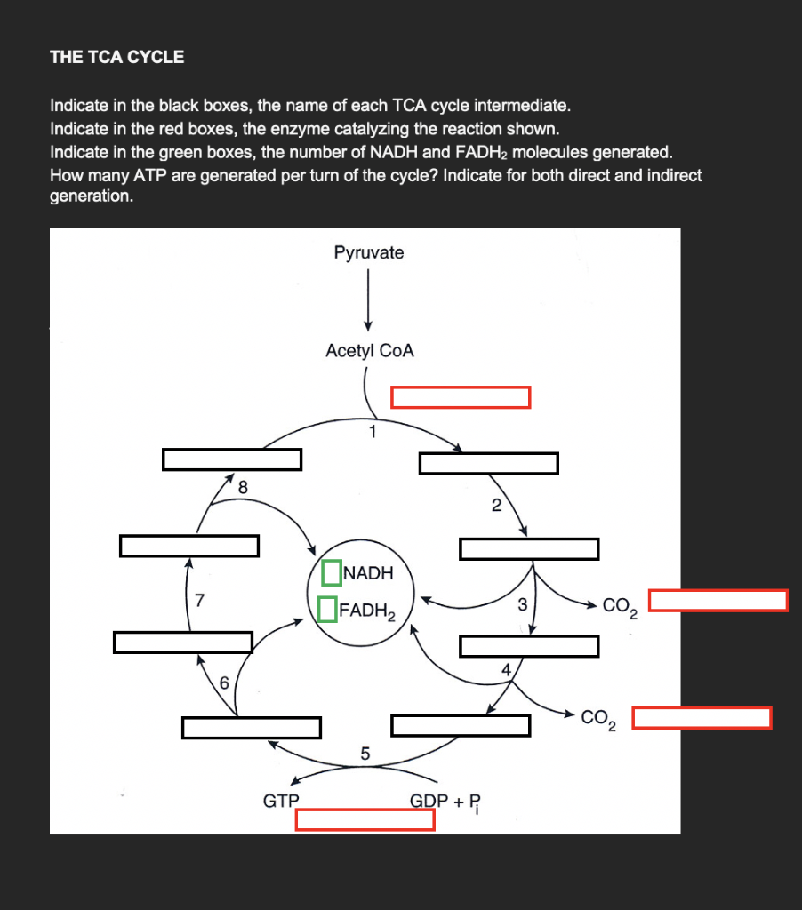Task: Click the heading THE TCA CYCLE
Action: (117, 58)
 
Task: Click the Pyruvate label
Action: (368, 253)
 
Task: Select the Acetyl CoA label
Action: (370, 351)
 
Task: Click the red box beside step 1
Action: (461, 397)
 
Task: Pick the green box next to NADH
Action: (332, 573)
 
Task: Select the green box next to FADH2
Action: (326, 610)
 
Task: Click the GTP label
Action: (281, 801)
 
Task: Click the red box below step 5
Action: (365, 819)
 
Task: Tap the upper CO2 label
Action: (619, 608)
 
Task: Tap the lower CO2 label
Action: (600, 719)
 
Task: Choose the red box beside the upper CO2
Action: (718, 601)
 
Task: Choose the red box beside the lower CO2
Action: (702, 718)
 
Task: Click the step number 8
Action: (243, 487)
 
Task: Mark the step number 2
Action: (496, 507)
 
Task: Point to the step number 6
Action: (224, 682)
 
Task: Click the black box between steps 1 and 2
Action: (489, 463)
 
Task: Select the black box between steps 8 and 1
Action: (232, 459)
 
